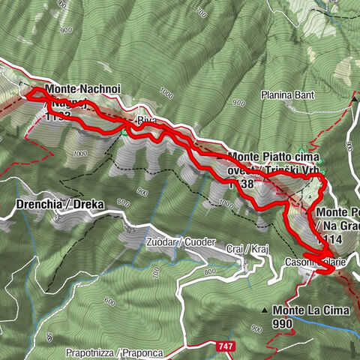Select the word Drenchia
click(x=39, y=204)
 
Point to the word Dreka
click(x=88, y=204)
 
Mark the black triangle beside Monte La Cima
click(x=264, y=310)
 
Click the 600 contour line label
click(x=109, y=302)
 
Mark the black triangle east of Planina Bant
click(x=355, y=97)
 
